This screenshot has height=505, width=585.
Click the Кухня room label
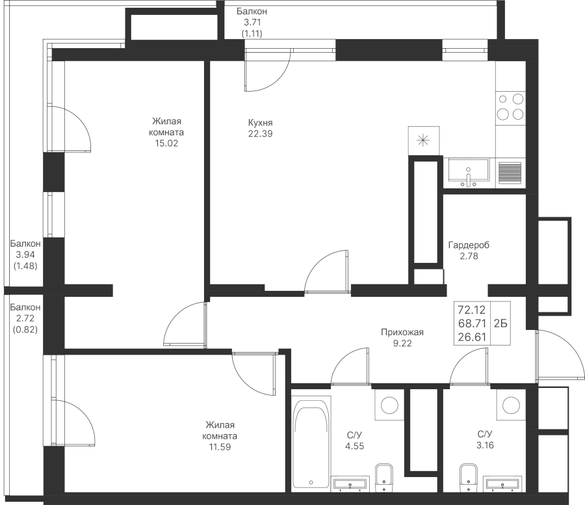[x=260, y=122]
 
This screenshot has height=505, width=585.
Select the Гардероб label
[x=469, y=245]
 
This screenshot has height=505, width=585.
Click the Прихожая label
[x=402, y=333]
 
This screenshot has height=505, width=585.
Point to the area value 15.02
[x=166, y=143]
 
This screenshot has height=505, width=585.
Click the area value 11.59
[x=218, y=447]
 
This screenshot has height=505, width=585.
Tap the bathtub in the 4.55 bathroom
[x=312, y=444]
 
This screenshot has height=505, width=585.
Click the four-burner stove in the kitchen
[x=510, y=106]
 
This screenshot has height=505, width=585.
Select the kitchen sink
[x=468, y=172]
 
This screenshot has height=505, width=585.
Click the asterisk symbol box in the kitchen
[x=423, y=141]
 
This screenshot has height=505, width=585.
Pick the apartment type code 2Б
[x=501, y=323]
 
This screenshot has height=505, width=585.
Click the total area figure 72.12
[x=473, y=308]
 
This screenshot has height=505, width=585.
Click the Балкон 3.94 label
[x=25, y=254]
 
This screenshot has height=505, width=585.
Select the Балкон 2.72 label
[x=25, y=318]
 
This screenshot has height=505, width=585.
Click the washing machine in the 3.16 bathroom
[x=510, y=405]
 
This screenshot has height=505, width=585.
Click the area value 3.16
[x=485, y=446]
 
